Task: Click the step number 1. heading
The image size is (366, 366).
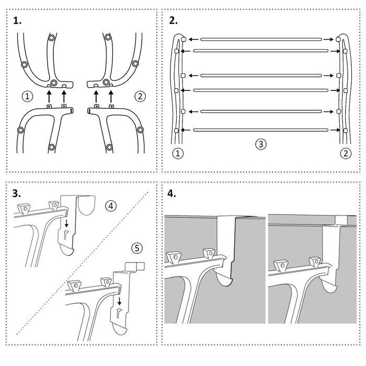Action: coord(18,21)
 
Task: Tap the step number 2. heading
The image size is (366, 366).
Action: coord(174,21)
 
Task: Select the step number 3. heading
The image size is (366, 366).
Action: coord(18,193)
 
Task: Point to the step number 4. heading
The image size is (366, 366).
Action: coord(172,193)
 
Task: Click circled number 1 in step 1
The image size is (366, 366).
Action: coord(27,96)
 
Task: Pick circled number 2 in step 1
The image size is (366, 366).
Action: coord(140,96)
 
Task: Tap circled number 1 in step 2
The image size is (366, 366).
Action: coord(177,154)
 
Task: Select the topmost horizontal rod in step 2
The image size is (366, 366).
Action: coord(260,39)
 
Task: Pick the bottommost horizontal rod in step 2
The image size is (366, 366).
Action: coord(260,130)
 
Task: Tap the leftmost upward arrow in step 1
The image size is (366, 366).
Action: coord(49,96)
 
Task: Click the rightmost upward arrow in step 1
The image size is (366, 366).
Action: coord(111,96)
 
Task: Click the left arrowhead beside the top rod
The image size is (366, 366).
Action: coord(191,39)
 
